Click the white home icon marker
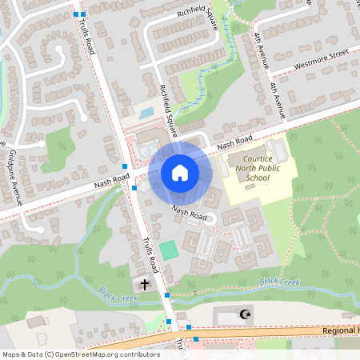tap(179, 172)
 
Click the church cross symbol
tap(146, 285)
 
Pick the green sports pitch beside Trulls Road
tap(168, 249)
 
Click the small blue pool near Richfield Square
tap(146, 113)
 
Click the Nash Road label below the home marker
tap(190, 214)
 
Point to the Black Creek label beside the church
tap(118, 296)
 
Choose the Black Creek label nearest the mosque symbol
tap(279, 281)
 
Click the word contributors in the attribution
tap(136, 354)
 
